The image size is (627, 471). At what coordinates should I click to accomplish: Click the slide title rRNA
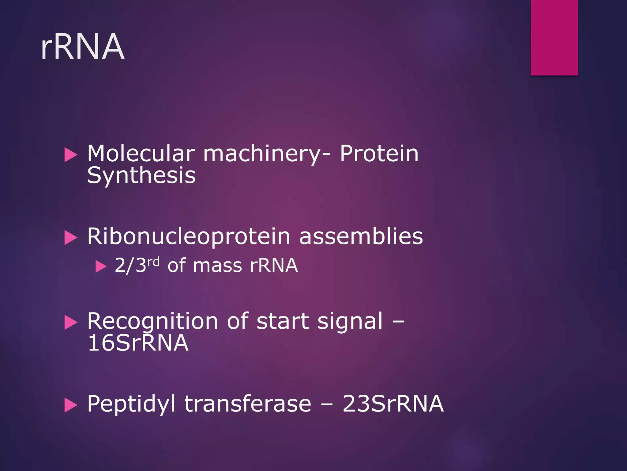(x=83, y=47)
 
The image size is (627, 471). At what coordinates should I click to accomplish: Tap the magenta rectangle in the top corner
(x=554, y=37)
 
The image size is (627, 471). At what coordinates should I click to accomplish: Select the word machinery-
(x=267, y=154)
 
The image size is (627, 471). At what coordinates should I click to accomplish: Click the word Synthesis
(x=141, y=176)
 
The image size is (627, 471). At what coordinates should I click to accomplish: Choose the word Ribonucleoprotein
(x=189, y=237)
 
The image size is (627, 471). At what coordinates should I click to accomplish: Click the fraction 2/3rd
(x=137, y=265)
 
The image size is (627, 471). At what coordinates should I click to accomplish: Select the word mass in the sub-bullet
(x=217, y=266)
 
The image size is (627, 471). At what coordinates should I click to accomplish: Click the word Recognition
(x=152, y=321)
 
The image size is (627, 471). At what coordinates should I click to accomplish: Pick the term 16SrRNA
(x=138, y=343)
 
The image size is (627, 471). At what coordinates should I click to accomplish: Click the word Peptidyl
(x=131, y=404)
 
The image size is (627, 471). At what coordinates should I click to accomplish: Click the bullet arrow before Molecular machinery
(x=71, y=155)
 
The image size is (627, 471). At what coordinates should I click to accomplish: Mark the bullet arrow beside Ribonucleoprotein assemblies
(x=71, y=238)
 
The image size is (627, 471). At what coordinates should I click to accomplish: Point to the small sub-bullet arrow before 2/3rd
(x=101, y=266)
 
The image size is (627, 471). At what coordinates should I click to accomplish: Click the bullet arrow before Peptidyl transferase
(x=71, y=405)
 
